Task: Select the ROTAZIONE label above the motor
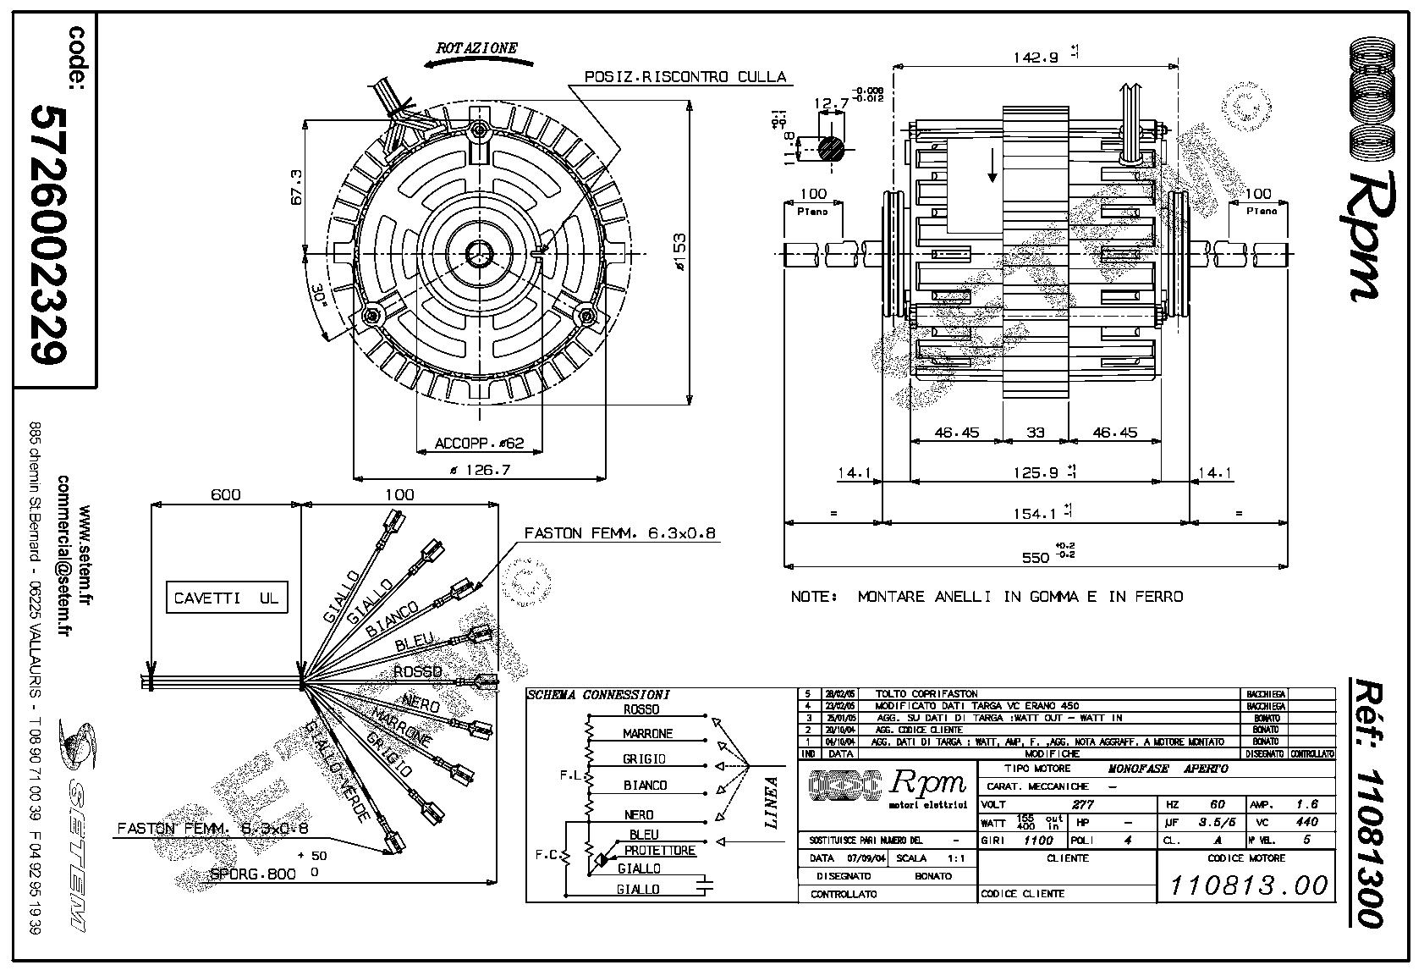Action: (x=476, y=48)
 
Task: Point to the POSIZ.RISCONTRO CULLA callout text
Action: (x=686, y=77)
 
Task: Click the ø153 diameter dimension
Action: (x=678, y=253)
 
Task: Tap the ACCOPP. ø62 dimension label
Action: (x=480, y=443)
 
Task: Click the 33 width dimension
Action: (x=1036, y=433)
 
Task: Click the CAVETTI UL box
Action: (x=226, y=598)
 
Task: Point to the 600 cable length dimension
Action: (x=225, y=495)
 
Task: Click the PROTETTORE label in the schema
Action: (x=660, y=851)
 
